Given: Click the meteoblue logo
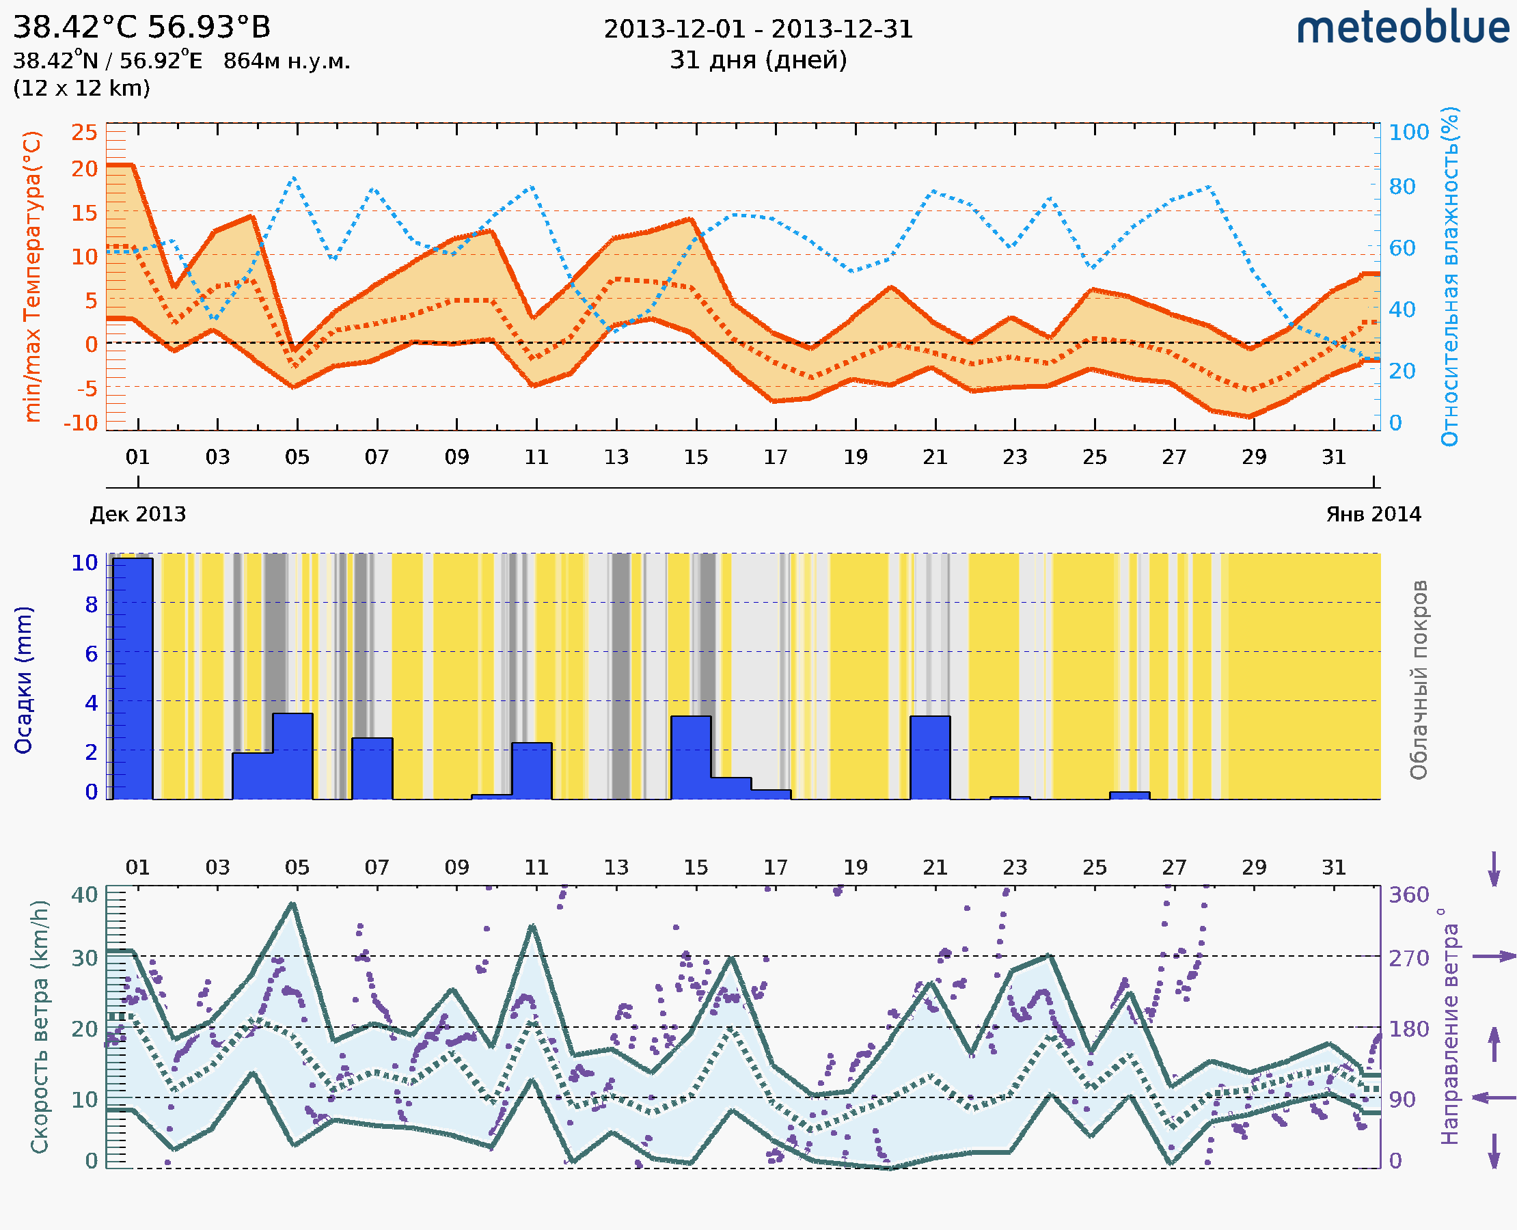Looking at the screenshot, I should click(x=1403, y=28).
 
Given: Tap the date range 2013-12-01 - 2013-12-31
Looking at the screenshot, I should click(x=758, y=29).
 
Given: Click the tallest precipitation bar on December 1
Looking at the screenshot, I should click(x=133, y=678).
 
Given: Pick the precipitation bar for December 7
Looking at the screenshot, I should click(x=372, y=768).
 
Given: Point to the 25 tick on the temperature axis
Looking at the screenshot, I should click(x=84, y=132).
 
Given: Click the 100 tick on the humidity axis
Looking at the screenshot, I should click(x=1408, y=133).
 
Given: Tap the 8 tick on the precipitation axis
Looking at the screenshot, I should click(x=92, y=604).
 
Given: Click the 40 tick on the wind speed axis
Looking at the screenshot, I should click(x=84, y=894).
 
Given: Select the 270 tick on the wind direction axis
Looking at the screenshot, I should click(x=1408, y=958).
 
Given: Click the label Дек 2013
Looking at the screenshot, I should click(x=137, y=514).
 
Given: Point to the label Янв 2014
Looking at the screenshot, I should click(x=1373, y=514).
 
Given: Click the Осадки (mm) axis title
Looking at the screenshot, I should click(x=24, y=679).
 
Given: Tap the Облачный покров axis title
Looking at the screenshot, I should click(x=1419, y=679).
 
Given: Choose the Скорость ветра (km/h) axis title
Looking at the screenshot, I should click(x=40, y=1026).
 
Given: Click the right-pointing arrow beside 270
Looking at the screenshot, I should click(x=1494, y=957).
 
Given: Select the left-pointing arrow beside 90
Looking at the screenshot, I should click(x=1494, y=1097).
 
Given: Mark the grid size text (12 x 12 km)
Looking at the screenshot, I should click(x=81, y=89).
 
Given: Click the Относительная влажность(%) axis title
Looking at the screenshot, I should click(x=1449, y=276).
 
